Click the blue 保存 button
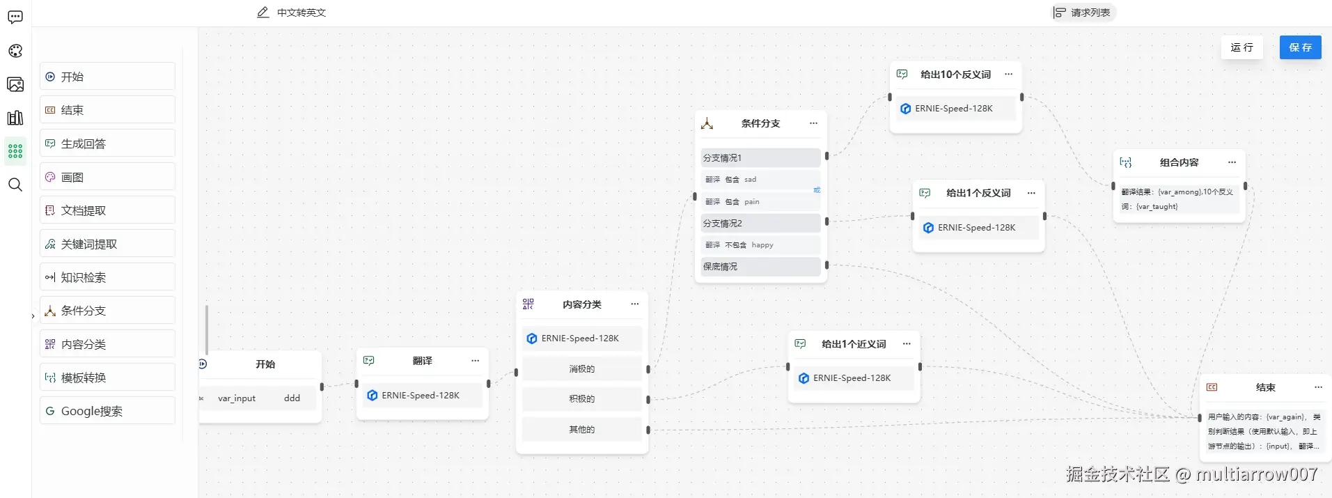(1300, 47)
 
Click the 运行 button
(1241, 47)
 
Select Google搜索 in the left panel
(107, 411)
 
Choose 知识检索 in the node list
(107, 277)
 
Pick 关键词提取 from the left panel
(107, 244)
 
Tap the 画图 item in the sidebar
(107, 177)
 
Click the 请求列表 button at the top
(1083, 13)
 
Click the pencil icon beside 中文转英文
(263, 13)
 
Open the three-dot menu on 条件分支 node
(813, 123)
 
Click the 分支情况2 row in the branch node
(760, 224)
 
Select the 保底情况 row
(760, 267)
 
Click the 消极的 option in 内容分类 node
(581, 369)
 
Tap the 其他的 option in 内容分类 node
(581, 430)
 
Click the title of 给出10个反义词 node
(955, 75)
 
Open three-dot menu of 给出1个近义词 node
(907, 344)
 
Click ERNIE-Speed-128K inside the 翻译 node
(420, 396)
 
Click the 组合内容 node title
(1179, 162)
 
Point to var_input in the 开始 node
(237, 398)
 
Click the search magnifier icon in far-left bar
(15, 185)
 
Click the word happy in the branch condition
(762, 245)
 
